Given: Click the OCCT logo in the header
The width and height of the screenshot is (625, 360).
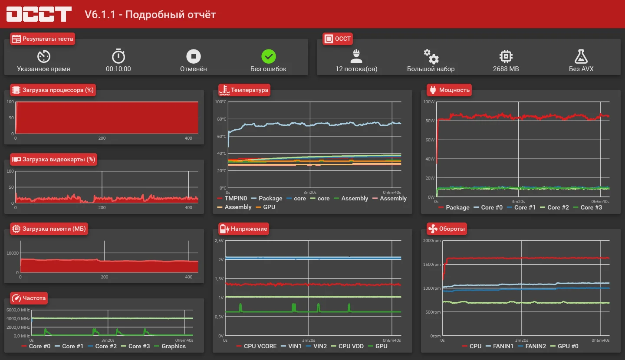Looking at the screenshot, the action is (x=39, y=14).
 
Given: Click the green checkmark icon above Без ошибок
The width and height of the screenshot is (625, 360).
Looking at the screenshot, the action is (x=268, y=56).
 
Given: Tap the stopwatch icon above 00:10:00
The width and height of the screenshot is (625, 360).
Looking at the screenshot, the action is (x=118, y=56).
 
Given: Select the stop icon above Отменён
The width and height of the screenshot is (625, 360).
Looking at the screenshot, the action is (x=194, y=56).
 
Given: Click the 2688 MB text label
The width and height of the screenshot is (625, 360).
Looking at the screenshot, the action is (x=506, y=69).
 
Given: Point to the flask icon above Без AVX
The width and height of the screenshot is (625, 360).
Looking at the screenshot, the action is (x=581, y=56).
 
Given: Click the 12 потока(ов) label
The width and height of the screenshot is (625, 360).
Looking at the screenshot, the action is (x=356, y=69).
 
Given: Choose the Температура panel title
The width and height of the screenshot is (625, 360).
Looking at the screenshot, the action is (x=249, y=90).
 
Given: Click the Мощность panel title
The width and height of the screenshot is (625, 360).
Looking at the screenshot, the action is (x=454, y=90).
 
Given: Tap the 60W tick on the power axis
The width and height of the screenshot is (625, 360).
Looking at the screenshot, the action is (x=430, y=140).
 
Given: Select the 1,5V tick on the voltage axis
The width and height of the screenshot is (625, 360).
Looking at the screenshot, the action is (x=219, y=278).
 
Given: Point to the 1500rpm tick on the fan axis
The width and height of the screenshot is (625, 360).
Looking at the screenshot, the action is (x=432, y=264).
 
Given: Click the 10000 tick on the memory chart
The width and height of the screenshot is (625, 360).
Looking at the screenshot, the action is (x=13, y=253).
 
